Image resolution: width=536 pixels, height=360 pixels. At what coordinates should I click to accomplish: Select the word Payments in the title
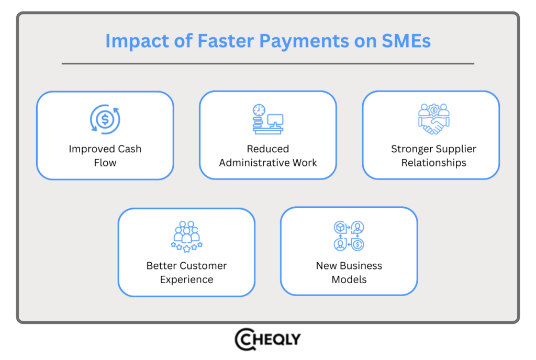[x=296, y=41]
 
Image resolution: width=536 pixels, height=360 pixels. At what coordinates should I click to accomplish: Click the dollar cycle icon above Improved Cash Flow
[x=105, y=119]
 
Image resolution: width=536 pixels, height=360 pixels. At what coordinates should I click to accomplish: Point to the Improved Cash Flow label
[x=105, y=155]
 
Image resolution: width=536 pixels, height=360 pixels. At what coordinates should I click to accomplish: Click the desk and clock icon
[x=267, y=119]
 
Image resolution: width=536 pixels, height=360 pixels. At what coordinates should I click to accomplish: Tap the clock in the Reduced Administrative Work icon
[x=259, y=110]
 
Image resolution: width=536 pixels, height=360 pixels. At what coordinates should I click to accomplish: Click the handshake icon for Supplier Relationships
[x=433, y=119]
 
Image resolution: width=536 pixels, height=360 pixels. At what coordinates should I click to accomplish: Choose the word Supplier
[x=450, y=149]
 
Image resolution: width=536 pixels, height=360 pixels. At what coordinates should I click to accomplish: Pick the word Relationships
[x=433, y=163]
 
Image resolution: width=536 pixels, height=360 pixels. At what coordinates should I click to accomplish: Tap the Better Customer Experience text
[x=186, y=272]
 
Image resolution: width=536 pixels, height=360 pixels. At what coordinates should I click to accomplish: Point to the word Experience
[x=186, y=279]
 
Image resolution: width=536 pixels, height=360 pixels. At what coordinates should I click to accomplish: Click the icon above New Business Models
[x=349, y=235]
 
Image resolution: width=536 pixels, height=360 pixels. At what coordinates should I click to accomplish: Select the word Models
[x=349, y=279]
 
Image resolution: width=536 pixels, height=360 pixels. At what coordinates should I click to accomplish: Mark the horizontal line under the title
[x=267, y=64]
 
